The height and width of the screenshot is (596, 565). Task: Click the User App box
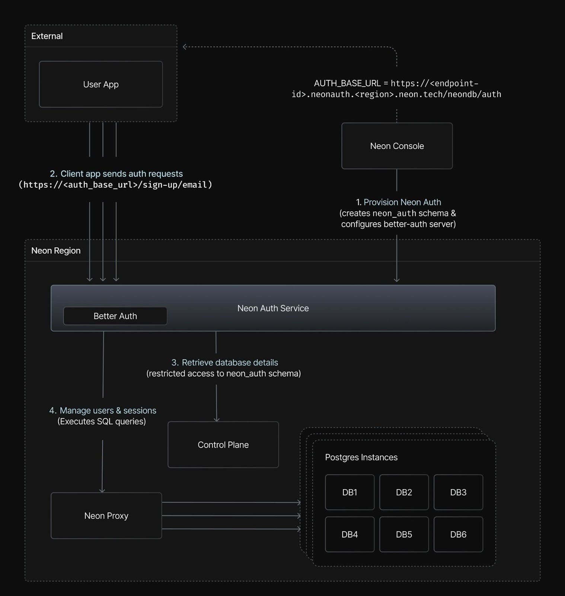click(100, 84)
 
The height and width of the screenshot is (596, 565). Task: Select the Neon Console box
click(397, 146)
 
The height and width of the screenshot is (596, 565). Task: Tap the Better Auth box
click(115, 316)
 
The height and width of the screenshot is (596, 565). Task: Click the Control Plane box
click(223, 444)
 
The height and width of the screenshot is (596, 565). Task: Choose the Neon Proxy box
click(106, 516)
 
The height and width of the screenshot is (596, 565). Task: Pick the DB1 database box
click(349, 492)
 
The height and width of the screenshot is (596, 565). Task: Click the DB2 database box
click(404, 492)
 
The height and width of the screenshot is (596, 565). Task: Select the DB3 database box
click(458, 492)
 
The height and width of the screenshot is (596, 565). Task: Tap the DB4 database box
click(349, 534)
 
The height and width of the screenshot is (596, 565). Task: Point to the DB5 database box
click(404, 534)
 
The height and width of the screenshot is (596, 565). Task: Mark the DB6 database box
click(458, 534)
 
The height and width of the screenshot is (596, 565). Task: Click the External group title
click(47, 36)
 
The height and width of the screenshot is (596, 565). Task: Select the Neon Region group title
click(56, 250)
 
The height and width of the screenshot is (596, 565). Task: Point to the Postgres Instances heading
click(361, 457)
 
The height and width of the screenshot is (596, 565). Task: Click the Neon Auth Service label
click(273, 308)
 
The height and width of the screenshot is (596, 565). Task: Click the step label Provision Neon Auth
click(402, 202)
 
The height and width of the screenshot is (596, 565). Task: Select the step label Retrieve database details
click(230, 362)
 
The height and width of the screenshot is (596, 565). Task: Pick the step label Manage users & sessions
click(108, 410)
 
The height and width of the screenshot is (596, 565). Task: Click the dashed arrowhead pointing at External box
click(185, 47)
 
